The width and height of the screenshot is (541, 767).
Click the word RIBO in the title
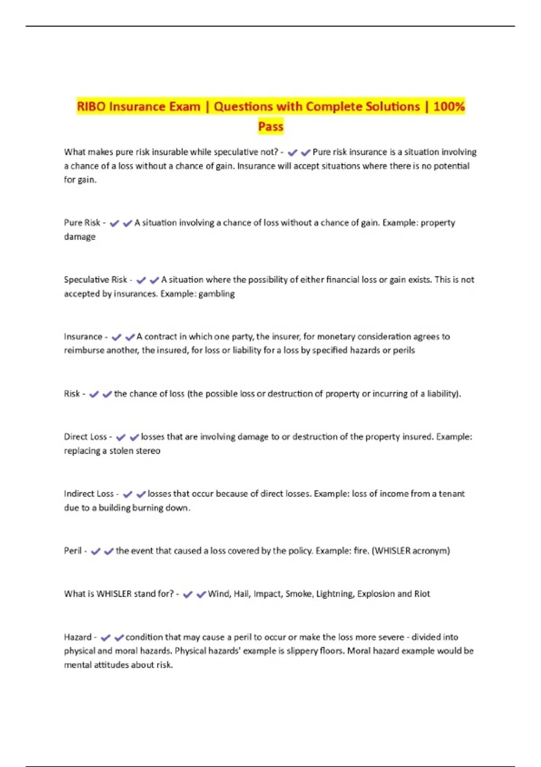(x=91, y=106)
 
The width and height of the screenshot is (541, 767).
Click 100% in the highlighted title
(x=449, y=106)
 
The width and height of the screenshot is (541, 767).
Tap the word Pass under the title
(x=270, y=126)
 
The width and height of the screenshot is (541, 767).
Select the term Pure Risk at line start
(x=82, y=222)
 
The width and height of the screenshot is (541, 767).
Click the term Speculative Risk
(x=96, y=280)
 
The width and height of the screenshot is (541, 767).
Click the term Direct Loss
(x=85, y=437)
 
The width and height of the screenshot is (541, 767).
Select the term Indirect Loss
(x=89, y=494)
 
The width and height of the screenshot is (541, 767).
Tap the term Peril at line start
(x=73, y=550)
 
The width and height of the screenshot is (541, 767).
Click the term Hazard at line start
(x=78, y=637)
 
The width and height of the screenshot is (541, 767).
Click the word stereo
(x=148, y=451)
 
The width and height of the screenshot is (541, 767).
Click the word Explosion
(x=376, y=594)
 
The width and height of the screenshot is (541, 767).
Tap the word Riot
(x=422, y=594)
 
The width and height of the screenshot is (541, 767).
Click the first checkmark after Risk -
(x=94, y=394)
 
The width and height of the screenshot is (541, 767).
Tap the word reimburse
(x=84, y=351)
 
